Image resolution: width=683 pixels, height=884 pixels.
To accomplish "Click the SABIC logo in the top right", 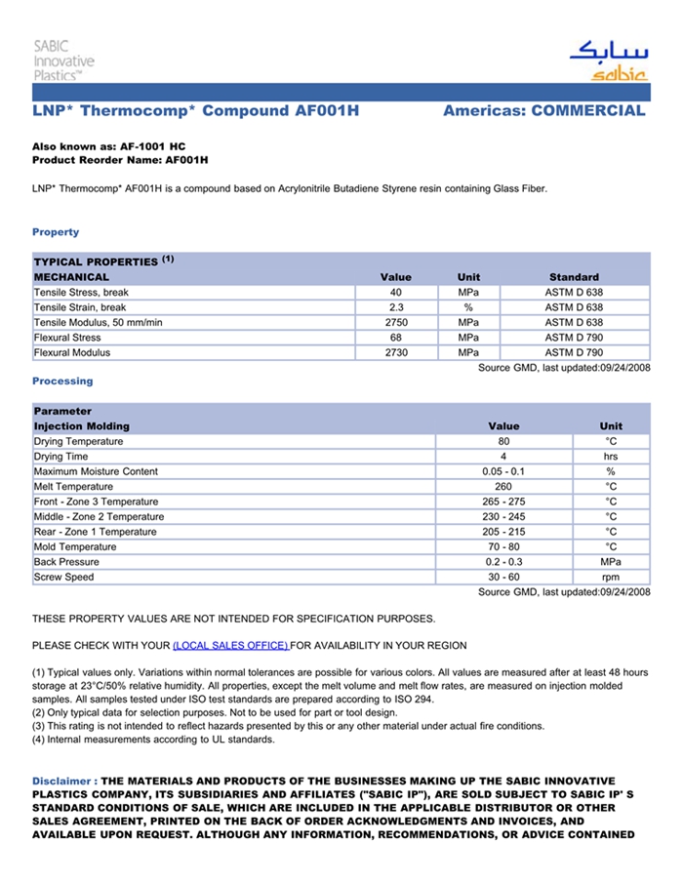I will click(608, 60).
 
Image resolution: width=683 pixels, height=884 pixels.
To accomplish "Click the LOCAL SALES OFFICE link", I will click(230, 646).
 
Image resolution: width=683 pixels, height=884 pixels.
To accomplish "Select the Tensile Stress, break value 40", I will click(395, 293).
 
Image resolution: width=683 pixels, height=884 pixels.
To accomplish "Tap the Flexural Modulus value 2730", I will click(395, 353).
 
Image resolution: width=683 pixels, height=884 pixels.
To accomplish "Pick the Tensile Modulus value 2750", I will click(395, 323).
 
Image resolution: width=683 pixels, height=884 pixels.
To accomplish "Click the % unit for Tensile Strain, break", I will click(468, 307).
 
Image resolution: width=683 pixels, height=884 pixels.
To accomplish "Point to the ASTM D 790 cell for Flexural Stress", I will click(574, 338).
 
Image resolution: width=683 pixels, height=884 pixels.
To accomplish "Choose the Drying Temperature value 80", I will click(503, 442).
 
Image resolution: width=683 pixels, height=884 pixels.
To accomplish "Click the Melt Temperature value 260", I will click(503, 487).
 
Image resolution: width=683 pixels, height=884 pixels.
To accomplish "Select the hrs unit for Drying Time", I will click(611, 457).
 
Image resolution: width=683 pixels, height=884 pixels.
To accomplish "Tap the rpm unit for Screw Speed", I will click(611, 578).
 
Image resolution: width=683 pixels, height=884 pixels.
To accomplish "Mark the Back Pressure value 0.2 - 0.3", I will click(503, 562).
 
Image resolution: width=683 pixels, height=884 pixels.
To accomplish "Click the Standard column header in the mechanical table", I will click(574, 277).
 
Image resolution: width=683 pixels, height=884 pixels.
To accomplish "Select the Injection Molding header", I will click(81, 426).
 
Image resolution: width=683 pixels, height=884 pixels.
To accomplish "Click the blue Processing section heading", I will click(62, 382).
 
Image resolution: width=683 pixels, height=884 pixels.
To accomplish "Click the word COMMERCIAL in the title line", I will click(588, 111).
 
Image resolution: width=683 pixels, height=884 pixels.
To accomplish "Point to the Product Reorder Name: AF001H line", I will click(120, 160).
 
